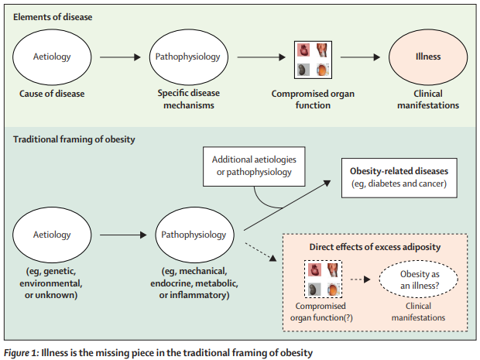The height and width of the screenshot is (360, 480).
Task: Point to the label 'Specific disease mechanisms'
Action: click(187, 100)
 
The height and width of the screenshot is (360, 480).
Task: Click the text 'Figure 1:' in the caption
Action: click(23, 353)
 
